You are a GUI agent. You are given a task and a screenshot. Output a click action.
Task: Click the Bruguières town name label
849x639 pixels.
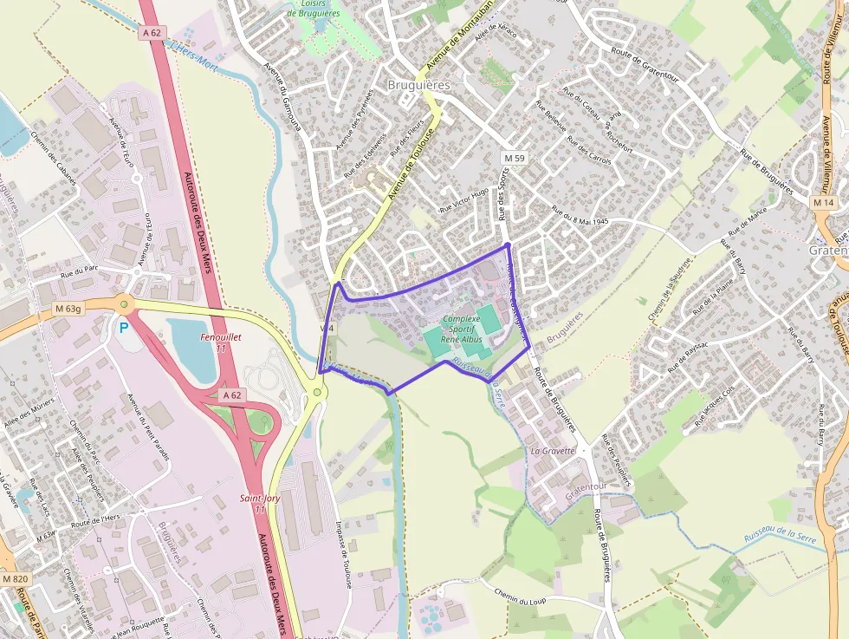pyautogui.click(x=420, y=85)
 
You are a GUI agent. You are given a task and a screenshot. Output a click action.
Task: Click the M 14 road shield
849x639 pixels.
pyautogui.click(x=823, y=202)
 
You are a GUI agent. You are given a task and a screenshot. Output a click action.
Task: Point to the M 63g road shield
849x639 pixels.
pyautogui.click(x=68, y=308)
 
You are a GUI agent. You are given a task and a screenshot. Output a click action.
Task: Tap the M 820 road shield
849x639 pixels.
pyautogui.click(x=14, y=578)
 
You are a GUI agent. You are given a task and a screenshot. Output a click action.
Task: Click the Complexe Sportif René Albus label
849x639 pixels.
pyautogui.click(x=461, y=329)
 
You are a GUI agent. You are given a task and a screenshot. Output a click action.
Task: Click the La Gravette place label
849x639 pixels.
pyautogui.click(x=553, y=451)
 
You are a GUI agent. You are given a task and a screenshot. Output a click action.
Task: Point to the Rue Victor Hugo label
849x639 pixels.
pyautogui.click(x=464, y=200)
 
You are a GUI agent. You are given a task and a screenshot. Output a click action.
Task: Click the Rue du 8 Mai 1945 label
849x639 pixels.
pyautogui.click(x=580, y=215)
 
